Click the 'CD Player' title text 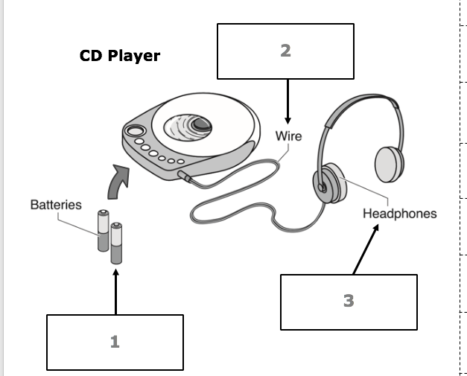(x=119, y=56)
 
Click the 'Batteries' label (x=56, y=204)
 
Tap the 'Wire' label (x=288, y=136)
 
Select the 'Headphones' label (x=399, y=214)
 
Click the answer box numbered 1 (x=115, y=342)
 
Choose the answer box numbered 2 (x=285, y=51)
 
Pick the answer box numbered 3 (x=348, y=301)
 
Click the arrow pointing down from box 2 (x=287, y=101)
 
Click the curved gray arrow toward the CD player (x=119, y=181)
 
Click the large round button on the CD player (x=135, y=132)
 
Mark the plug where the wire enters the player (x=184, y=176)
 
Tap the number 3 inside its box (x=348, y=301)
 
